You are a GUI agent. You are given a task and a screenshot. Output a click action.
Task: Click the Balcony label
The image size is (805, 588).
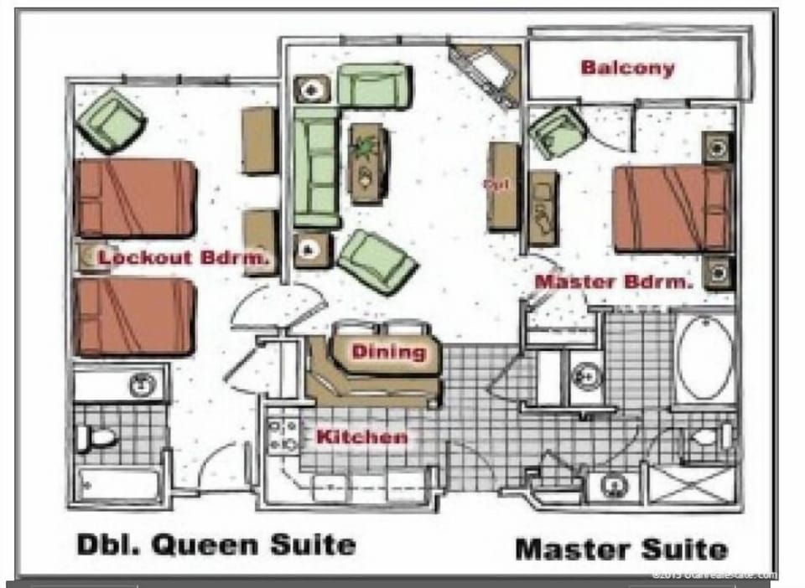[627, 68]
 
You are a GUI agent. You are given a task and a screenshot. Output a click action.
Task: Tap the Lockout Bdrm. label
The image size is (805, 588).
[184, 258]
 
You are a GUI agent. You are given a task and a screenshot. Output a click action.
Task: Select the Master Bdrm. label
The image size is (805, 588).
[614, 282]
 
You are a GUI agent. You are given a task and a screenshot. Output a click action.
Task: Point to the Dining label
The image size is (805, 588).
[388, 352]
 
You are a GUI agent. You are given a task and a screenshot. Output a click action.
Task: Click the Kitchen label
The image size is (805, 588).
[361, 436]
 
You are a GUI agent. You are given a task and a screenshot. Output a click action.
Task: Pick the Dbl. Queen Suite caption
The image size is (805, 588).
[216, 544]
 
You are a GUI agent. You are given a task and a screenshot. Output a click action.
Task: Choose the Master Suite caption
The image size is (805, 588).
[621, 549]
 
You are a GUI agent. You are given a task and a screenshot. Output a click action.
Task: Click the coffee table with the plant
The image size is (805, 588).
[367, 162]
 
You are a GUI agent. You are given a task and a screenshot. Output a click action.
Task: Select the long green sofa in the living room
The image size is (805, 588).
[316, 171]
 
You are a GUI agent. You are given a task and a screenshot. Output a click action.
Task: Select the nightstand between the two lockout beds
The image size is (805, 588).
[87, 258]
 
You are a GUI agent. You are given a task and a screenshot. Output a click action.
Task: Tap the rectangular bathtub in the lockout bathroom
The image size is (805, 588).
[119, 484]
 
